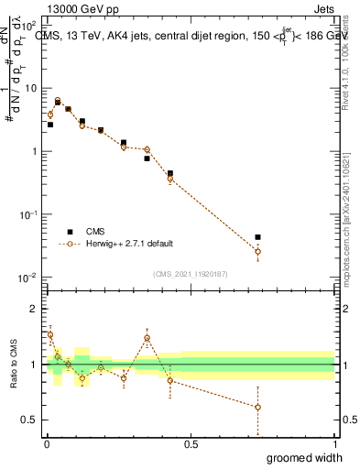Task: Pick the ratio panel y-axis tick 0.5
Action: point(27,420)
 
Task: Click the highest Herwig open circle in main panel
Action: point(58,100)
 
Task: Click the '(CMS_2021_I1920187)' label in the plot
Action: point(190,273)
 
